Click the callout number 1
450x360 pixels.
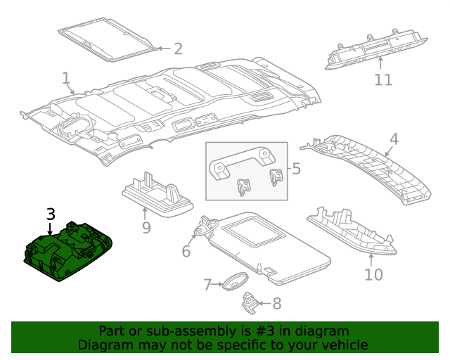(x=65, y=77)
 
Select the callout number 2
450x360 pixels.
(x=178, y=49)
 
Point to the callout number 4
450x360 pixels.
(x=394, y=139)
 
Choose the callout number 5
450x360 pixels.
(x=296, y=169)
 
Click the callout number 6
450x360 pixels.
(x=187, y=251)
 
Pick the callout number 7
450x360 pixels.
(x=207, y=285)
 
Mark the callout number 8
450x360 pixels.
(x=276, y=304)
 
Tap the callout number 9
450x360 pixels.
(x=146, y=227)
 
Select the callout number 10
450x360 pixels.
(x=373, y=274)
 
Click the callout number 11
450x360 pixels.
(x=382, y=79)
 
